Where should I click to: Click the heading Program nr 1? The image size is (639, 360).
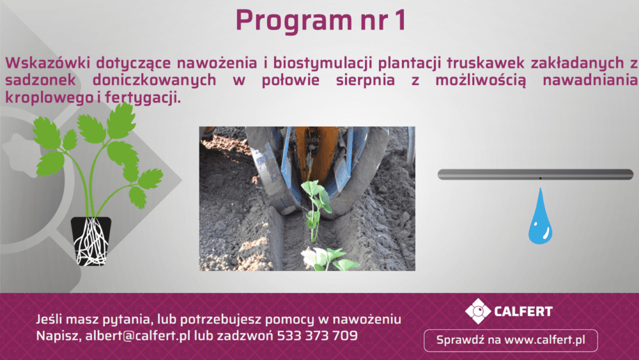pos(321,20)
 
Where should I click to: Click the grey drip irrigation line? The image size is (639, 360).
pos(535,175)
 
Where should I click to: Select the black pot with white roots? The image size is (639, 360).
pos(91,241)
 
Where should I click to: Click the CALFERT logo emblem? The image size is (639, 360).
pos(478,311)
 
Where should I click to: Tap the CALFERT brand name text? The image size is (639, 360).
pos(523,311)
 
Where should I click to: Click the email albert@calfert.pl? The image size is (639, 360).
pos(138,336)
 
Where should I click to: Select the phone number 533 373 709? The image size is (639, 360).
pos(317,336)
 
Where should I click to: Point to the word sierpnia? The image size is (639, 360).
pos(365,80)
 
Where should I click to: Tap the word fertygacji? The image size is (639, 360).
pos(142,97)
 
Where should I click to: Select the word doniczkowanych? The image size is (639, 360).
pos(155,80)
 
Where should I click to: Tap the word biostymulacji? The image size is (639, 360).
pos(322,63)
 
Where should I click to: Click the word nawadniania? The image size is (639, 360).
pos(590,80)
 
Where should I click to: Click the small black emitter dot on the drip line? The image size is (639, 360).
pos(541,178)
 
